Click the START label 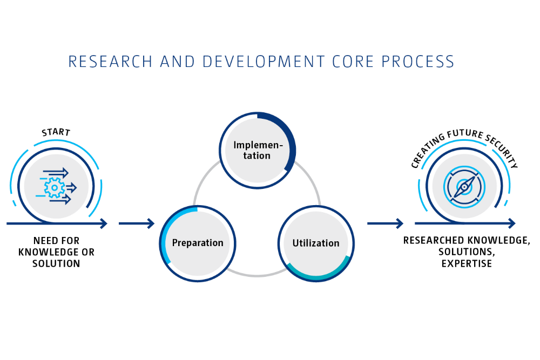pos(56,132)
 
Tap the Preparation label pos(198,243)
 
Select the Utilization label pos(316,243)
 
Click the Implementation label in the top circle pos(257,151)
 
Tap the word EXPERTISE pos(467,264)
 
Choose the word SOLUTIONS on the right pos(467,252)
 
